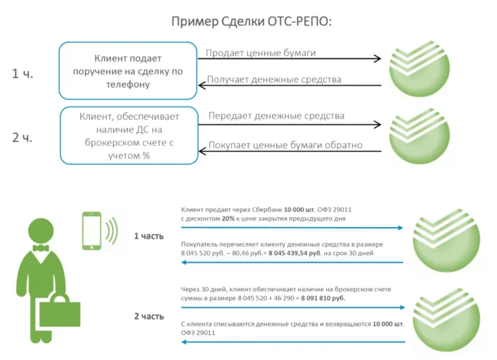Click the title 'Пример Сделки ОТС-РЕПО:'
pos(251,21)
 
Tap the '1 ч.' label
pos(23,73)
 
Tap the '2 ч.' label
pos(23,137)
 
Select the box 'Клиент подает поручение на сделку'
pos(127,71)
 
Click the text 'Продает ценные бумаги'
pos(261,52)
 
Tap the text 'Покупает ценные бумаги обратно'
pos(285,145)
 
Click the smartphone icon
pos(91,230)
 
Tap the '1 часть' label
pos(149,236)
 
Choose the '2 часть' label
pos(149,315)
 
